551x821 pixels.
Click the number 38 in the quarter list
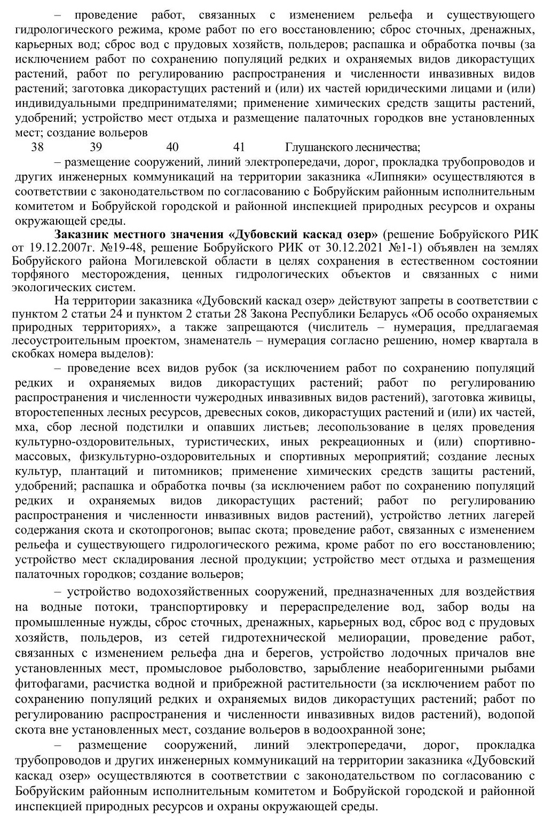[x=37, y=147]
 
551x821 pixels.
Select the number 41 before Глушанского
[x=239, y=147]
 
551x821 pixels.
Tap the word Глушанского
[x=319, y=147]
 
